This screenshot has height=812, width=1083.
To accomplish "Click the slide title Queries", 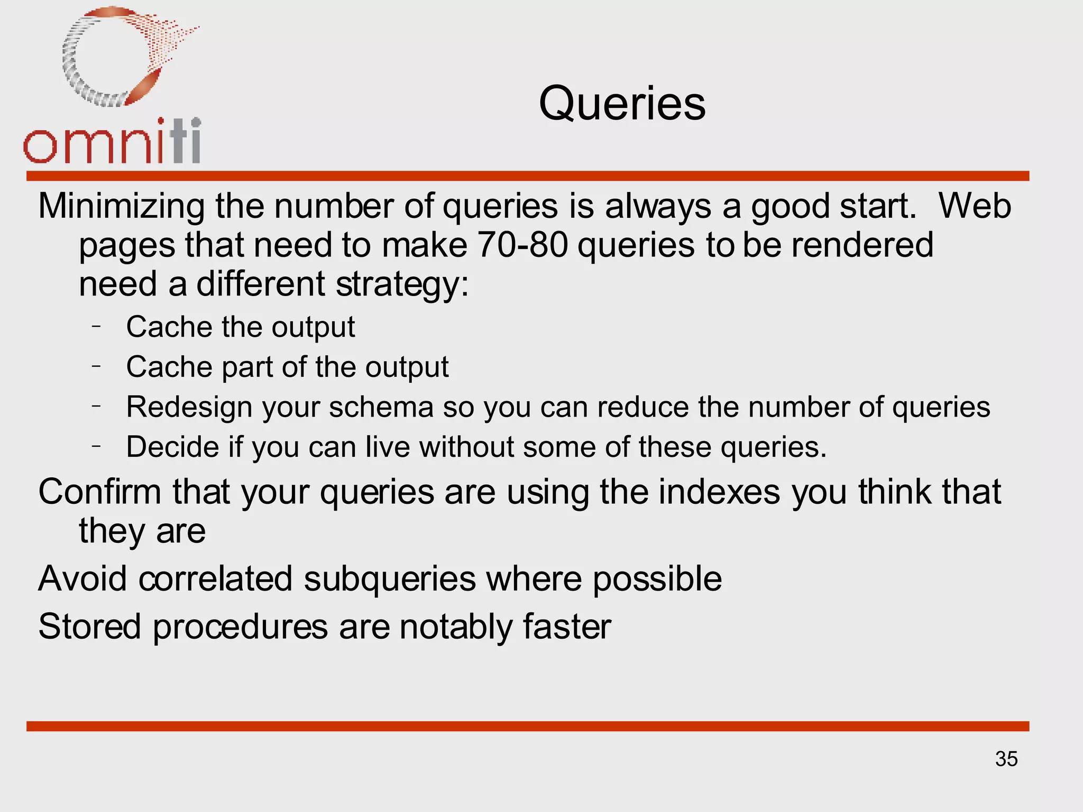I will pos(622,104).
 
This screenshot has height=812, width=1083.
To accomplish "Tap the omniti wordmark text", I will pos(112,142).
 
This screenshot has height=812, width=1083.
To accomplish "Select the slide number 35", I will pos(1006,759).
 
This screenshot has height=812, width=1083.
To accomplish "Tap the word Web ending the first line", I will pos(975,206).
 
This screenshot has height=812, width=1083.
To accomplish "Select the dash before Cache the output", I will pos(96,326).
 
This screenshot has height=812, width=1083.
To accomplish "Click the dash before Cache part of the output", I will pos(96,365).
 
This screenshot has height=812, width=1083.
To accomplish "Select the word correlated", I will pos(215,578).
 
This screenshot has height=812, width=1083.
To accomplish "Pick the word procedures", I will pos(241,628).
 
